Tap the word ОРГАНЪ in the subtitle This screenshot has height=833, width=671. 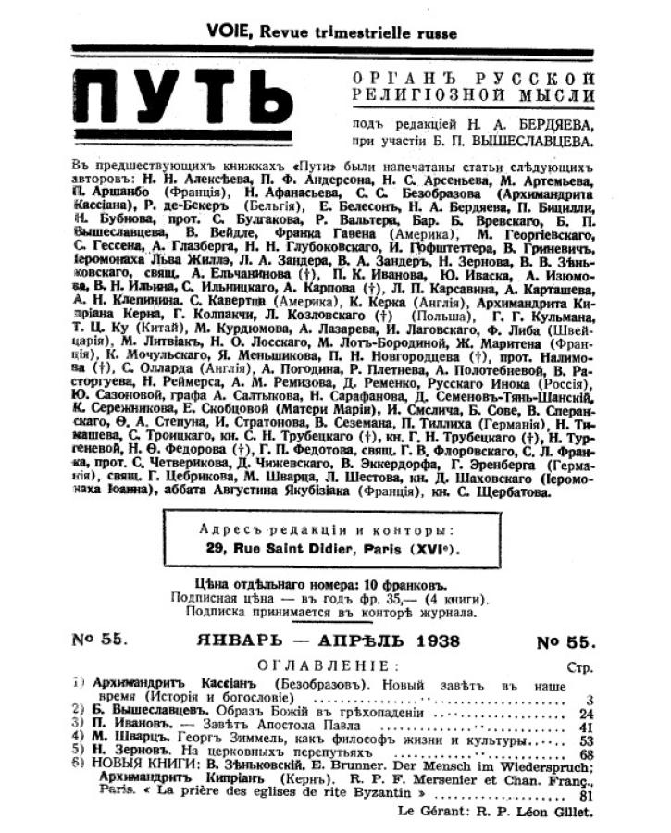click(x=391, y=78)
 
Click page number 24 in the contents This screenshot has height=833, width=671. click(x=584, y=714)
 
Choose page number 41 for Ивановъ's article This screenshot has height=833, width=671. click(x=584, y=727)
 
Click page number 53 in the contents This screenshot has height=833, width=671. click(x=584, y=741)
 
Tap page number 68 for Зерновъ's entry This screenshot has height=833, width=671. click(x=584, y=755)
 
